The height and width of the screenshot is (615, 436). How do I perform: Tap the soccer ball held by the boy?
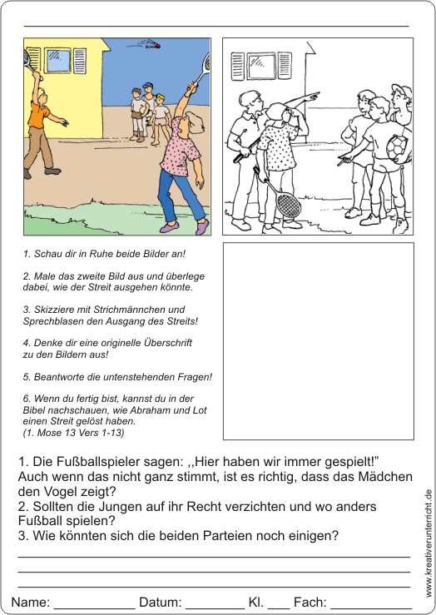click(x=396, y=148)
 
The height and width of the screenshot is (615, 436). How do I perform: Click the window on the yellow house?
click(x=58, y=61)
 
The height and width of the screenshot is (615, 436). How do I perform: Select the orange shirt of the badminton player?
click(x=39, y=116)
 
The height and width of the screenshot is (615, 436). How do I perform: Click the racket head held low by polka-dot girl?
click(x=288, y=204)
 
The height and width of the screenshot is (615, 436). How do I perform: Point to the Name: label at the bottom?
click(x=31, y=602)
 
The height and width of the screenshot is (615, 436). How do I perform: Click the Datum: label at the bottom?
click(x=160, y=602)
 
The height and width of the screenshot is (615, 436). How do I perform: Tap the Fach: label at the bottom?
click(x=310, y=602)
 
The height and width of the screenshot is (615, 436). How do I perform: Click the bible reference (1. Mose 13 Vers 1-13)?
click(x=74, y=433)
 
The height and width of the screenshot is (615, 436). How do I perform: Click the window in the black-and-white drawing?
click(x=261, y=66)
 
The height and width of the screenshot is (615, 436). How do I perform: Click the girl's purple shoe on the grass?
click(x=169, y=226)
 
